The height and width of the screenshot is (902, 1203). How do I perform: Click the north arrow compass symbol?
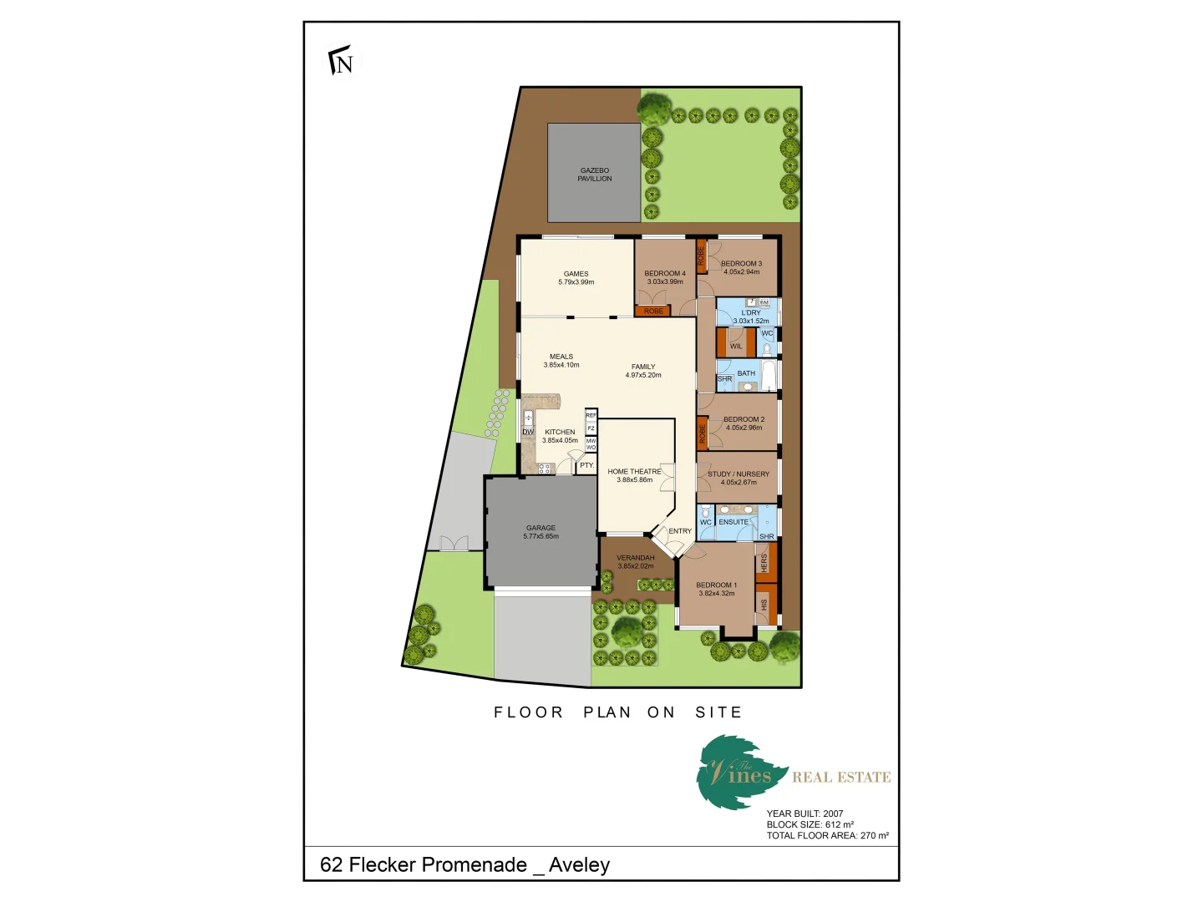(x=341, y=61)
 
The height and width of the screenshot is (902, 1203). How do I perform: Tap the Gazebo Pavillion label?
(x=595, y=175)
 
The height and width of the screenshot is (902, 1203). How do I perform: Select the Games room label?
(x=576, y=274)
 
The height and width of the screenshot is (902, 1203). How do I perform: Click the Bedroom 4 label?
(x=665, y=273)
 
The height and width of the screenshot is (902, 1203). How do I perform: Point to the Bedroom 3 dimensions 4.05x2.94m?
(x=742, y=272)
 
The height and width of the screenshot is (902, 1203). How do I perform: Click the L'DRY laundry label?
(x=751, y=312)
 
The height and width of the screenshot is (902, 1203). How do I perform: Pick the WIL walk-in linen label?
(x=736, y=346)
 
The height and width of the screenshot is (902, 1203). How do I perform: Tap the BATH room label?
(x=746, y=373)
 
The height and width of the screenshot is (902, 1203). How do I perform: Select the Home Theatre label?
(x=634, y=472)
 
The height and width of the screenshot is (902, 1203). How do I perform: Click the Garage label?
(x=541, y=528)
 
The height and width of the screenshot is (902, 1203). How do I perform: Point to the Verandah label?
(x=636, y=558)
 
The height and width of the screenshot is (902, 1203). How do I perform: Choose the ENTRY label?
(x=680, y=531)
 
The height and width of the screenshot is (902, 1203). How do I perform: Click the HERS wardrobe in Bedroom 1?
(x=764, y=563)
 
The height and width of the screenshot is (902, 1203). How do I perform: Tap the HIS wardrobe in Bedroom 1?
(x=764, y=603)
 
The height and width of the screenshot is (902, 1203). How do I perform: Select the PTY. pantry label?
(x=587, y=465)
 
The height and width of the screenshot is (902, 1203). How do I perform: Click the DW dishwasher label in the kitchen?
(x=528, y=432)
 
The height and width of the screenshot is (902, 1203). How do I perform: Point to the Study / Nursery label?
(x=739, y=474)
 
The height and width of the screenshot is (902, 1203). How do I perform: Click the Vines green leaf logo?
(x=739, y=772)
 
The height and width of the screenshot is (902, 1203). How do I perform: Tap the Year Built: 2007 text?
(x=805, y=813)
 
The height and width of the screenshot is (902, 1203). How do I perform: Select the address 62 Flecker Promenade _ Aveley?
(x=464, y=864)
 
